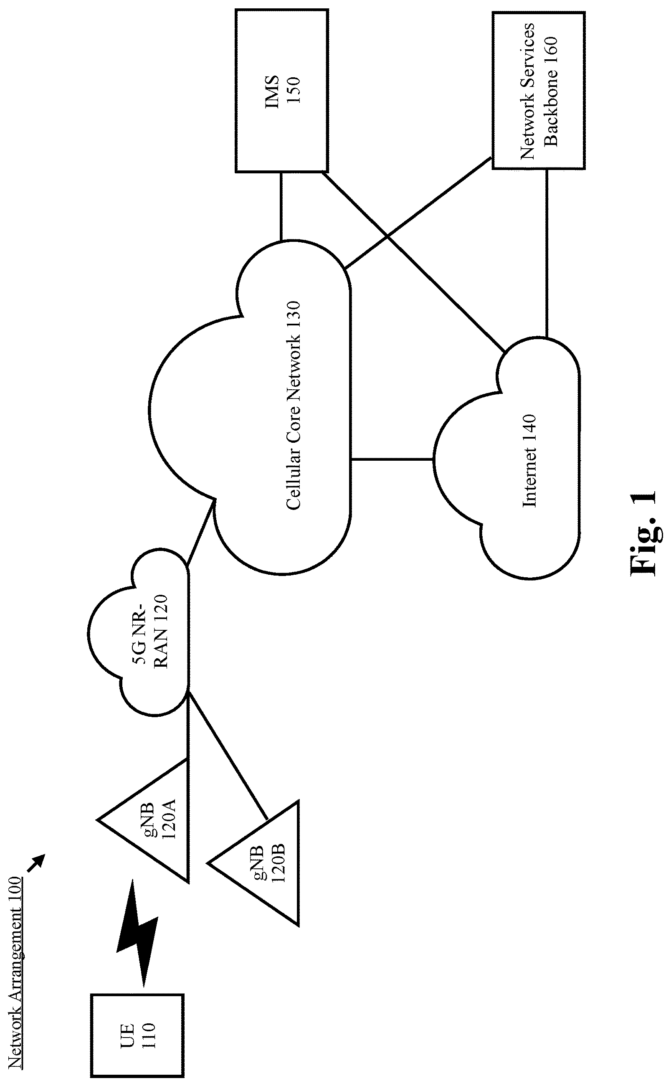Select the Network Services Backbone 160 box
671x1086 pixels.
(538, 91)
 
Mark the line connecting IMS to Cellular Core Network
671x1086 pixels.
(281, 207)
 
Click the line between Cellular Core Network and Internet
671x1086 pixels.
(392, 459)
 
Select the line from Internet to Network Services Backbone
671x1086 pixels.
(547, 253)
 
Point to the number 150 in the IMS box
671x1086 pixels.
(293, 91)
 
